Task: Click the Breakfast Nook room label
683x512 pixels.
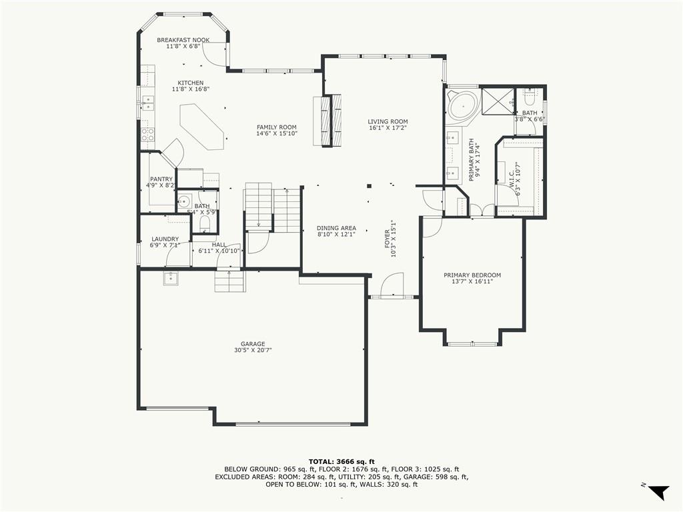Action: tap(183, 39)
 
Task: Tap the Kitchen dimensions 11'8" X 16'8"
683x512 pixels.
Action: tap(191, 89)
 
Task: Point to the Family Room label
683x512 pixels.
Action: tap(277, 127)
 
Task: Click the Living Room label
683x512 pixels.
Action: tap(388, 122)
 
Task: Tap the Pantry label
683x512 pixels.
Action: tap(161, 179)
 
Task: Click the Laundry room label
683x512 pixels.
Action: tap(165, 239)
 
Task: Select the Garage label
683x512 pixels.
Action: tap(253, 344)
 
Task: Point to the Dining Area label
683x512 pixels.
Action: tap(336, 228)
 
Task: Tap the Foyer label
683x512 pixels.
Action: tap(387, 239)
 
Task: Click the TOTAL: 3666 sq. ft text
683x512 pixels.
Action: tap(341, 461)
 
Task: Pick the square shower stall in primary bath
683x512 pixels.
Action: tap(498, 101)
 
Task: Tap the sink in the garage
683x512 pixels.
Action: tap(171, 278)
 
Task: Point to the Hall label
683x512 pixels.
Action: tap(219, 245)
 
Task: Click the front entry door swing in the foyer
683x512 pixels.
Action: tap(392, 285)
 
